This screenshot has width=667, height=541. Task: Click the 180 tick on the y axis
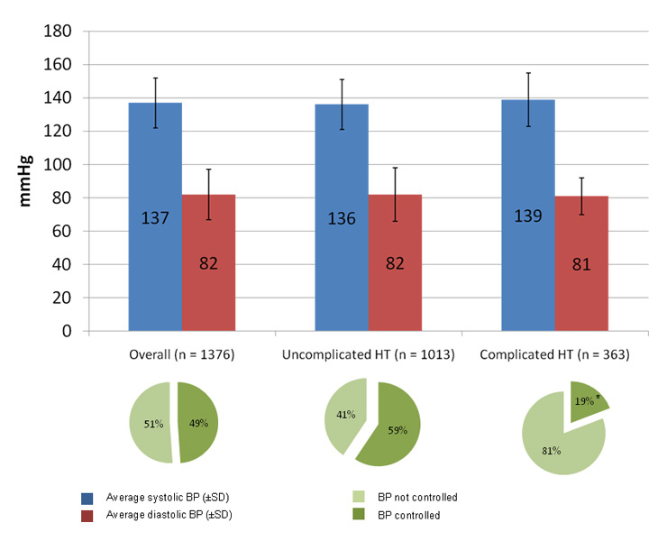[59, 32]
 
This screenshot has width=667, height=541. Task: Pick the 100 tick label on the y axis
[59, 165]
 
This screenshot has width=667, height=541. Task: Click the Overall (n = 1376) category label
[181, 355]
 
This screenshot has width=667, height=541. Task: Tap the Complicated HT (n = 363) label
[553, 355]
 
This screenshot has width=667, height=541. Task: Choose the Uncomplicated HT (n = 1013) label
[368, 355]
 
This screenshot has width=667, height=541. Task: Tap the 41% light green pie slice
[343, 415]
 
